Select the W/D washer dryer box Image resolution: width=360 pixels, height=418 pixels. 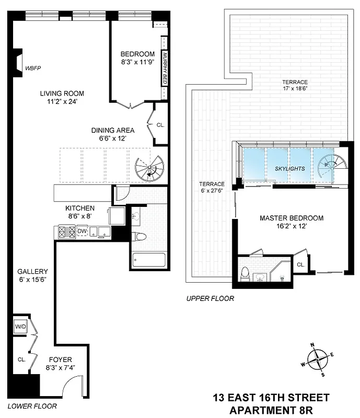point(21,327)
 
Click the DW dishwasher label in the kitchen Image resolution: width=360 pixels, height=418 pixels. point(82,230)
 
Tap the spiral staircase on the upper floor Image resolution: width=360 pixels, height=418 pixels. point(330,166)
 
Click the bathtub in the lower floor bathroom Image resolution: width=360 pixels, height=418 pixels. point(149,260)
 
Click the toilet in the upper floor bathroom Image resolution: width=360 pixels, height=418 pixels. point(245,273)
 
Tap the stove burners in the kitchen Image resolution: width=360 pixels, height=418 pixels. point(66,231)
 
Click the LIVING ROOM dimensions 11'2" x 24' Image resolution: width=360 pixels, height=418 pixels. point(62,102)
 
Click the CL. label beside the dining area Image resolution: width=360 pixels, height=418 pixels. point(160,125)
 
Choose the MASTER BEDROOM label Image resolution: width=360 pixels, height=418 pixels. point(291,218)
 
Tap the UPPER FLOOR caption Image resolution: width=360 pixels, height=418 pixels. point(210,299)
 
